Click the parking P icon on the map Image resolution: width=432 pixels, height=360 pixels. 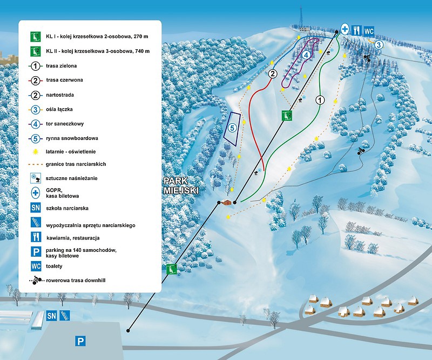tap(80, 342)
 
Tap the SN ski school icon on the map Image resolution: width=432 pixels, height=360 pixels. tap(51, 316)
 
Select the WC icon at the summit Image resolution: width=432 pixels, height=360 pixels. tap(369, 31)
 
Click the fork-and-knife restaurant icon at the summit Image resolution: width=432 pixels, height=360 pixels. tap(357, 30)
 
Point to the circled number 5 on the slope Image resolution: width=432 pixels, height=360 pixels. tap(233, 128)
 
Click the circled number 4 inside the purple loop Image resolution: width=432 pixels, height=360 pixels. tap(306, 55)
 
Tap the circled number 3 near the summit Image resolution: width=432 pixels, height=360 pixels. tap(379, 45)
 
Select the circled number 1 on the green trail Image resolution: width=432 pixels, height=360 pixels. tap(320, 100)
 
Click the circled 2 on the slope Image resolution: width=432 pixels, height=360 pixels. tap(273, 74)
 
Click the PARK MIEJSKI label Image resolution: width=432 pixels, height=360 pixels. tap(181, 185)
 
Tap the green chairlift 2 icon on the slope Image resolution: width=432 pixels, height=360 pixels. tap(287, 115)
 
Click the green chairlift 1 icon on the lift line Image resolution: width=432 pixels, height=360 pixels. tap(171, 269)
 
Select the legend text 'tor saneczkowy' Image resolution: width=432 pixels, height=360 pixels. tap(65, 124)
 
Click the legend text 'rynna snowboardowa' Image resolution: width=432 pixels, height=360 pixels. tap(72, 138)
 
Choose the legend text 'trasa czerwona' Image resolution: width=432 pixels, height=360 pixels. tap(64, 80)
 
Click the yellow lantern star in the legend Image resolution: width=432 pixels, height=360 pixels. tap(35, 152)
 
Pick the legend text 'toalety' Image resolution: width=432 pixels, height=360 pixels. tap(55, 266)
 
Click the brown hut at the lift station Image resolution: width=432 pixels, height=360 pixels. tap(226, 202)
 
